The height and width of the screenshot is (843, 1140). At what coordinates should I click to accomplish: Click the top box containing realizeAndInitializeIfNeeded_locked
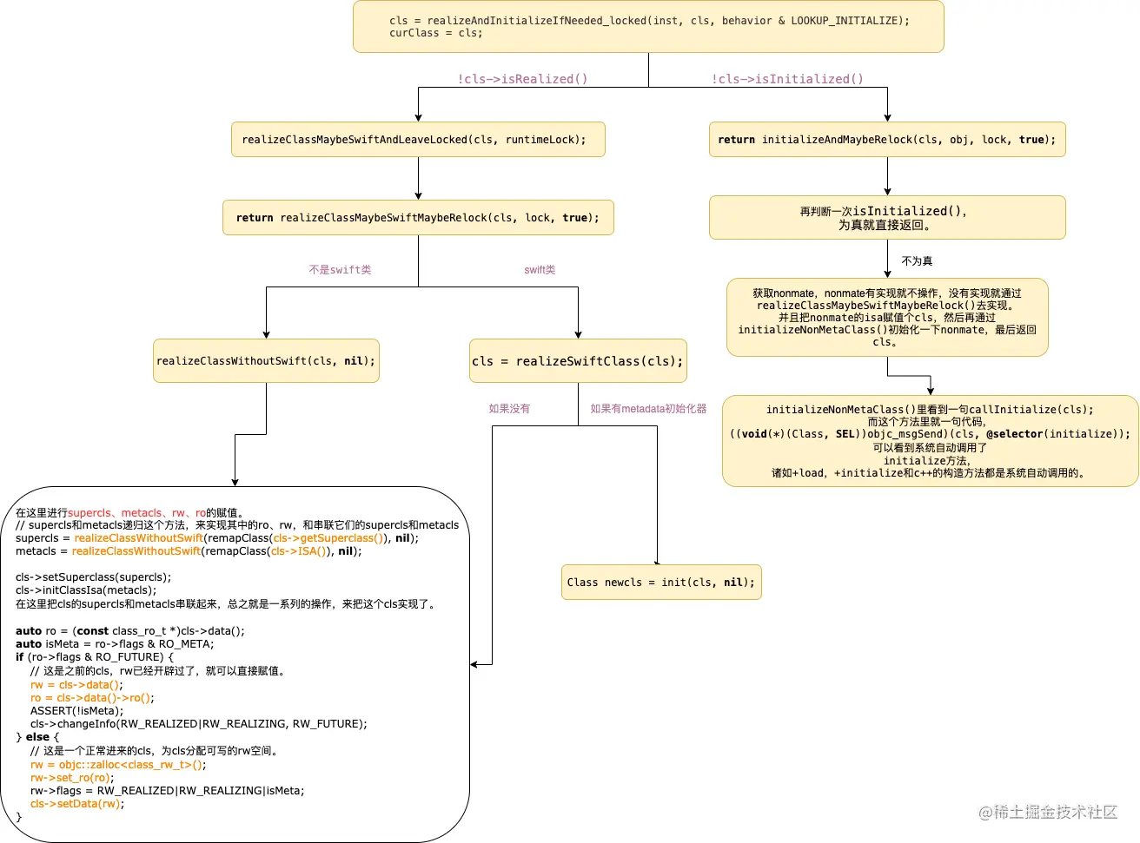(648, 27)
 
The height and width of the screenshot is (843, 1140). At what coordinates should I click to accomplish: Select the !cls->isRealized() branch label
(522, 79)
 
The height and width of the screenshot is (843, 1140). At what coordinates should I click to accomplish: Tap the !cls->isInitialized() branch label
(787, 79)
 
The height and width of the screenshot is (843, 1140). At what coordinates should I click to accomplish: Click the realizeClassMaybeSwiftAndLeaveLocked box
(418, 140)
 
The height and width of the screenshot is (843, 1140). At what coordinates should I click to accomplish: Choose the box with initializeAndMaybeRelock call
(887, 140)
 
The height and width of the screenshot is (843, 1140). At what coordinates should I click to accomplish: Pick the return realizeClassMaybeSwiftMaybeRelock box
(418, 218)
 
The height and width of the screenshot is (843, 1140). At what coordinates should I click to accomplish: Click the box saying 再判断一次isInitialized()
(887, 218)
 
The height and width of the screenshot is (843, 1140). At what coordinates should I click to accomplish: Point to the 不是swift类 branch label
(340, 270)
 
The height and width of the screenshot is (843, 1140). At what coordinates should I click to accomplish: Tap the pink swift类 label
(540, 270)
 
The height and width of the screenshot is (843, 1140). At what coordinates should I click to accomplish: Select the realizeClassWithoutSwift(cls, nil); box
(266, 361)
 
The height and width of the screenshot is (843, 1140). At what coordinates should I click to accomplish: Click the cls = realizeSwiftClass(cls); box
(578, 361)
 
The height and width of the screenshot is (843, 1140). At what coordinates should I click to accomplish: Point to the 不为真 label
(917, 261)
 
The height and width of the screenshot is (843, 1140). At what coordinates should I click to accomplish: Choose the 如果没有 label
(509, 409)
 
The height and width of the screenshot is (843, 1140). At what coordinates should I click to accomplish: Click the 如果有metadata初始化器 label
(648, 409)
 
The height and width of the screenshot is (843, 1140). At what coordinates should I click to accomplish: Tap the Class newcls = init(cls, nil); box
(661, 583)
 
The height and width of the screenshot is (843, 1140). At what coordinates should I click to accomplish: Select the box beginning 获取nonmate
(887, 318)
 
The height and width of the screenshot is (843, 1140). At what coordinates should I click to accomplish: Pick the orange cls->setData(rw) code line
(76, 804)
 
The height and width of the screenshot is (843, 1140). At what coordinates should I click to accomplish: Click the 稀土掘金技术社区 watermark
(1048, 812)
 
